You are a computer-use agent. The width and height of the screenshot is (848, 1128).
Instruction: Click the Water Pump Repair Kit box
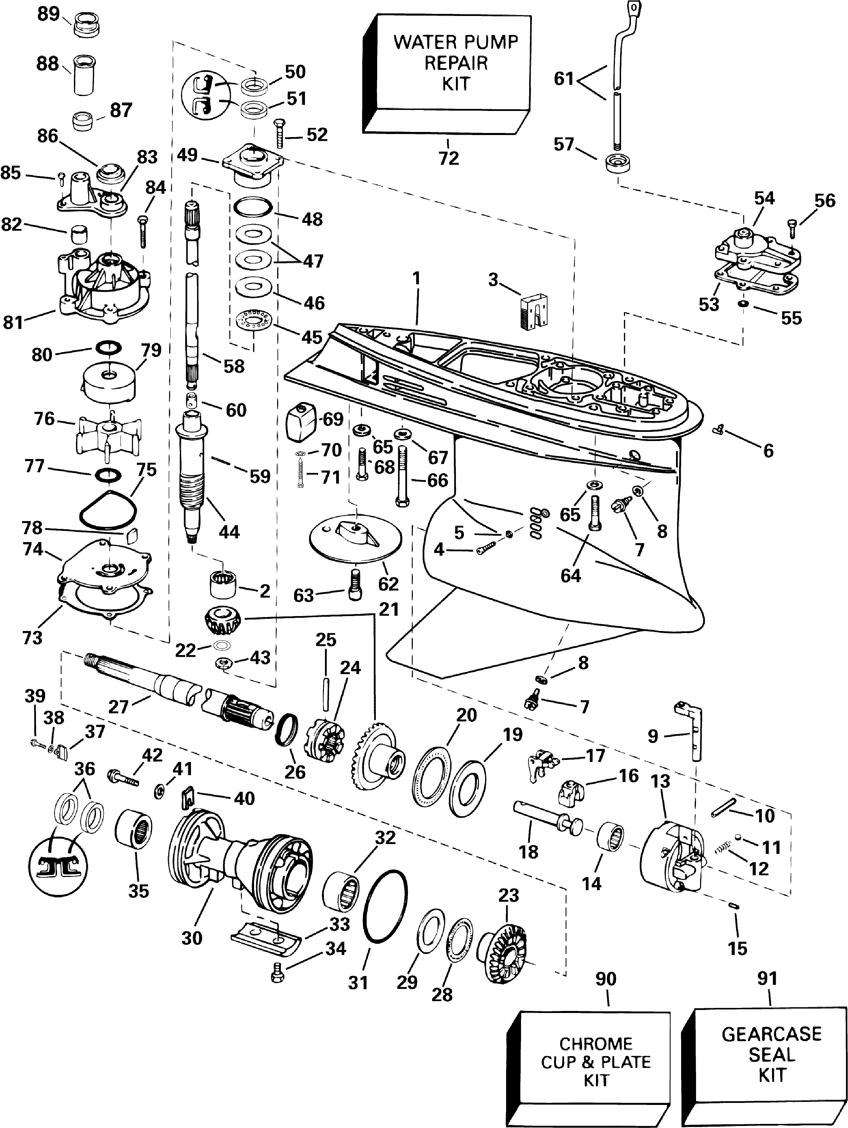(x=447, y=74)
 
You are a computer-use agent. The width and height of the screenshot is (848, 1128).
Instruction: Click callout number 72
(x=449, y=158)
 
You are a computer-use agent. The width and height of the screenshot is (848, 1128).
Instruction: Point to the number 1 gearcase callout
(x=417, y=279)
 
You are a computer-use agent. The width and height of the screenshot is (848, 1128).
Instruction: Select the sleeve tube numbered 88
(x=85, y=75)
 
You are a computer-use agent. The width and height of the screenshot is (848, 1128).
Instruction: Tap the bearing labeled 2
(x=223, y=584)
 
